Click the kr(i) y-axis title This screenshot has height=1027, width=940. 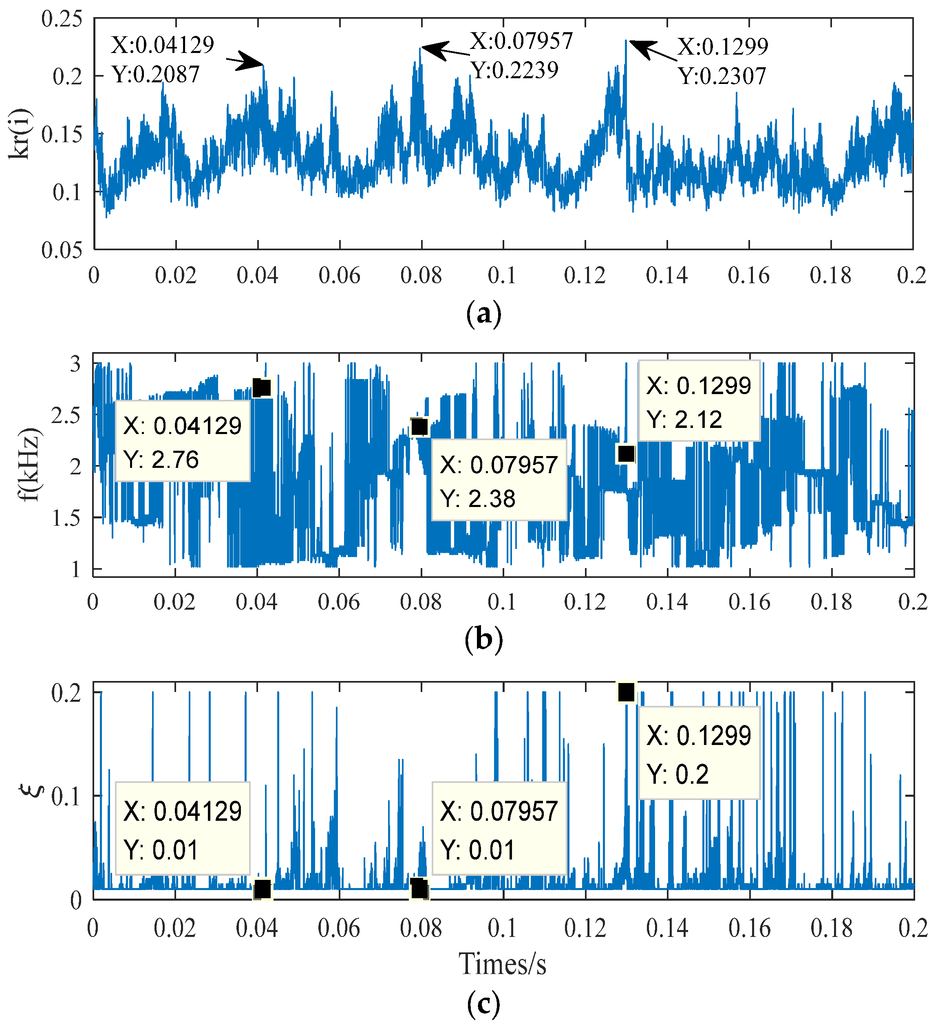pos(21,134)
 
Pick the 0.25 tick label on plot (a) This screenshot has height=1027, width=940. pos(62,20)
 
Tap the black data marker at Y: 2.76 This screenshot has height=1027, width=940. pos(261,388)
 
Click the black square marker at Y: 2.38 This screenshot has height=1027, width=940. pos(419,426)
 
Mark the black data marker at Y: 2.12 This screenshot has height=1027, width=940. pos(626,453)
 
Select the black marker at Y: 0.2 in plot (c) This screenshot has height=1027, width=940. pos(626,692)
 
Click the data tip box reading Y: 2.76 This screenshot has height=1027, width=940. pos(182,441)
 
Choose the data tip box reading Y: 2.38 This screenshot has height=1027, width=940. pos(499,480)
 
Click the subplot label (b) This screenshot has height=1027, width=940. pos(483,639)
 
